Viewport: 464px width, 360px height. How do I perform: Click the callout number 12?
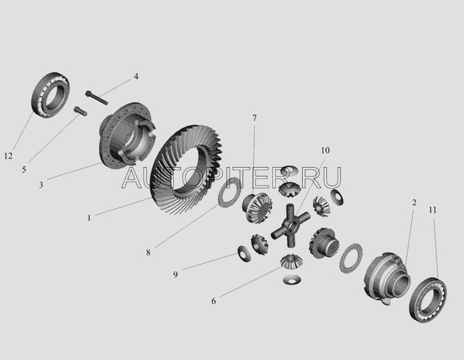coord(8,156)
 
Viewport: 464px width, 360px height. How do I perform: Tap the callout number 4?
coord(136,76)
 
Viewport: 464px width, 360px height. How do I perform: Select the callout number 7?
coord(255,118)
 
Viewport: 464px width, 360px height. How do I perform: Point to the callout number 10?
coord(325,151)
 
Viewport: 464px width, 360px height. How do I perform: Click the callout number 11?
coord(433,210)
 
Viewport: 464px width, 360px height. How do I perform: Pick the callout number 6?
coord(213,301)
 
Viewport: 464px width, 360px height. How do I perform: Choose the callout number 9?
coord(176,274)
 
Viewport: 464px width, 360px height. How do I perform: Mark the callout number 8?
coord(148,253)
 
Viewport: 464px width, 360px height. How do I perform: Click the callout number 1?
coord(89,218)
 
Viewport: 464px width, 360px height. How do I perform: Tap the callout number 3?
coord(41,185)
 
